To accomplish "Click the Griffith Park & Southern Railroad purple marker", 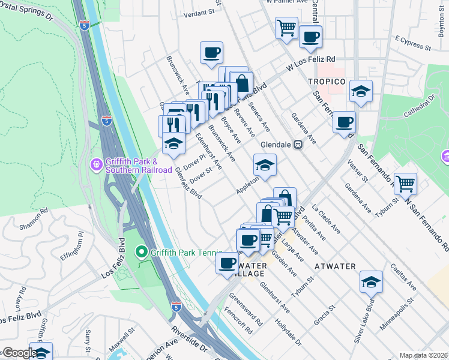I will click(95, 164).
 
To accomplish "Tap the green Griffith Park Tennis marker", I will click(141, 251).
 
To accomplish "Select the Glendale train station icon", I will click(297, 145).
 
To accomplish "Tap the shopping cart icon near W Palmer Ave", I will click(286, 27).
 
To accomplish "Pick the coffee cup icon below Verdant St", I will click(211, 53).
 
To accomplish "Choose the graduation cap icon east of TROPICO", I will click(361, 92).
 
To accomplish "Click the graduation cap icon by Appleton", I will click(265, 165).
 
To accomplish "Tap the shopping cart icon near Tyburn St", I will click(406, 183).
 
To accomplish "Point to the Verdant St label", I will click(199, 12).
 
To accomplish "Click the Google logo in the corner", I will click(19, 353).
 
